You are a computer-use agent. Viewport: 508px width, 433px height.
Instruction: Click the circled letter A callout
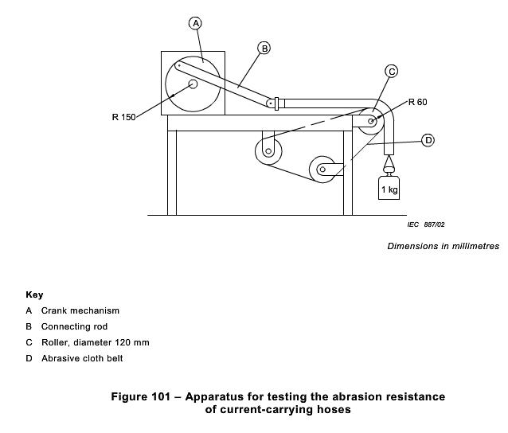196,23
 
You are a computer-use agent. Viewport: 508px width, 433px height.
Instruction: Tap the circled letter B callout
264,48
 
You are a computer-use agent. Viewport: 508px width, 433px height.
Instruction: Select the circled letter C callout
391,72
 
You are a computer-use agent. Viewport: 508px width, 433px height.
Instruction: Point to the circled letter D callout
428,140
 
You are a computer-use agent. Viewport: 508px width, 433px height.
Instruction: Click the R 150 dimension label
123,118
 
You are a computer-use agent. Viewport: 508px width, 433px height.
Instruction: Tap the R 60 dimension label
417,103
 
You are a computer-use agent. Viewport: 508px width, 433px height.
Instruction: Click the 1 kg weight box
389,189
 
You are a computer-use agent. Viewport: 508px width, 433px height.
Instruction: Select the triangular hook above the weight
389,165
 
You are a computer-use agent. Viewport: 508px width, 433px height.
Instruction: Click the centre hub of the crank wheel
193,83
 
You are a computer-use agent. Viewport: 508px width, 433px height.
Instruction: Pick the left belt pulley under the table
268,148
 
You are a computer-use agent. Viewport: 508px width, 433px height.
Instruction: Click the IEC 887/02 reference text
426,225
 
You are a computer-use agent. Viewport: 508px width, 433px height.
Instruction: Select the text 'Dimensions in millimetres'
443,246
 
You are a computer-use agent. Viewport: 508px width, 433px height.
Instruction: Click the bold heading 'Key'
34,295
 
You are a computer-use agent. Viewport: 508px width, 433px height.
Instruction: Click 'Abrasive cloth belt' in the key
82,358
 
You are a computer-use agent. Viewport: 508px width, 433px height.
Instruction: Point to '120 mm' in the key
131,342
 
